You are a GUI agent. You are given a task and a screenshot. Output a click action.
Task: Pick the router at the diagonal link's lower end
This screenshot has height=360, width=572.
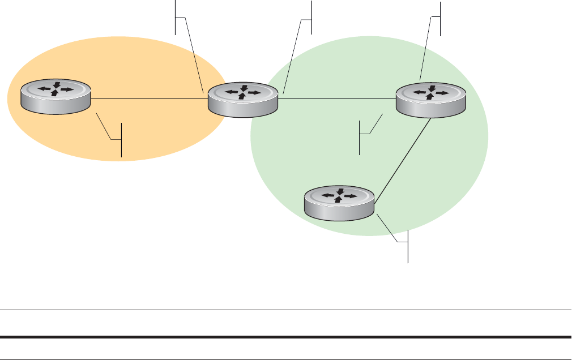click(339, 203)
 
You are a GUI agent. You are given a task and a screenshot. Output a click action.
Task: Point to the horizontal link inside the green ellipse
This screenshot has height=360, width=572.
click(336, 98)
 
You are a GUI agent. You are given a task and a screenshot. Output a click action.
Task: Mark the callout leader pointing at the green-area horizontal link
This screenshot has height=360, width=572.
click(372, 125)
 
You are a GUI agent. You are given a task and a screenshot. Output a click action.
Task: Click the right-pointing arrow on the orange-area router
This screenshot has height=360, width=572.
click(67, 89)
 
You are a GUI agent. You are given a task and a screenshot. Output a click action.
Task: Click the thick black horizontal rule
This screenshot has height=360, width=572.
click(285, 338)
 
